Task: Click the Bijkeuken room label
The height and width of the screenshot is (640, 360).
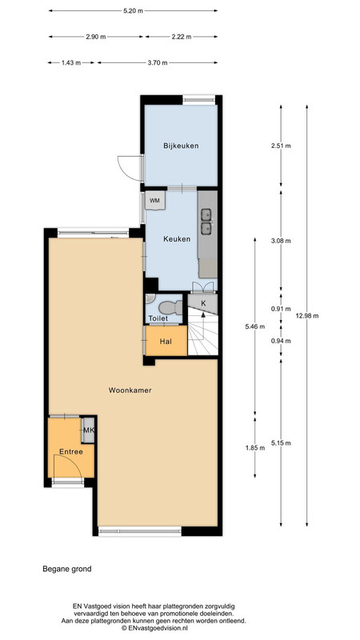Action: [181, 146]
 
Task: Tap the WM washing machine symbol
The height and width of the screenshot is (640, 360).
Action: [155, 200]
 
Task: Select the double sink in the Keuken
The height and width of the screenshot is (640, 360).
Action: [206, 222]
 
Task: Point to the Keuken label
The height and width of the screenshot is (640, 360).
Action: [177, 238]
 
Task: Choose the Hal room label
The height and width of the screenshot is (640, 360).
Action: [165, 342]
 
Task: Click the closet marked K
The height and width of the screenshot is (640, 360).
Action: [203, 303]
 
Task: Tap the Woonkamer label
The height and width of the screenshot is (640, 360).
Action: [130, 390]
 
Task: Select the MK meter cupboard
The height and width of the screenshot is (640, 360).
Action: [88, 430]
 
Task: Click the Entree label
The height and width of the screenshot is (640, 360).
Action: [71, 452]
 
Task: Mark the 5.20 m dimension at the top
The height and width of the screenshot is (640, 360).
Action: [133, 11]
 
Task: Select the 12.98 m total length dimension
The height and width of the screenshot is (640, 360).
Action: [306, 315]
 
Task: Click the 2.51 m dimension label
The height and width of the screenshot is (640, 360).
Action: [282, 146]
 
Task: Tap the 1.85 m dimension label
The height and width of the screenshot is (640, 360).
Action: [255, 448]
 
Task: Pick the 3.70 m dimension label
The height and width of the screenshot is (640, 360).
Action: [158, 63]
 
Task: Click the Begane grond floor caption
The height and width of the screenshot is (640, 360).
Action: [67, 569]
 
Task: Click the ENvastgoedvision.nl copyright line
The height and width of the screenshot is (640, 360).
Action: [154, 628]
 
